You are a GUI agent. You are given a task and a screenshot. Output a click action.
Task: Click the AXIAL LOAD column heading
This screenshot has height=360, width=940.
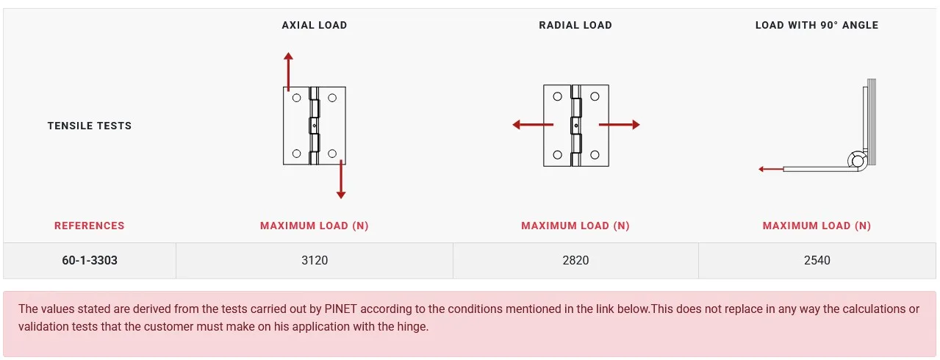point(315,25)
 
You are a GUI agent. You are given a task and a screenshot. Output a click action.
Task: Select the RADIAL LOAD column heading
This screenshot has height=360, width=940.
point(575,25)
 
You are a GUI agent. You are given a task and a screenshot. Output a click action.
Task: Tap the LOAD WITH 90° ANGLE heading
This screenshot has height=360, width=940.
point(817,25)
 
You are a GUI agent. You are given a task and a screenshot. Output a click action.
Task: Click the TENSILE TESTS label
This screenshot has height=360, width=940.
point(90,126)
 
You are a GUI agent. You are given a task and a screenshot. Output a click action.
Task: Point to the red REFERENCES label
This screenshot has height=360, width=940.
point(90,226)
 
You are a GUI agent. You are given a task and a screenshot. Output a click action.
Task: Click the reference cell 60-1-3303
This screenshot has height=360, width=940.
point(90,260)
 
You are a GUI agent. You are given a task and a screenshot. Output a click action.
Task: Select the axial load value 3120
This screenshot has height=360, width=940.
point(315,260)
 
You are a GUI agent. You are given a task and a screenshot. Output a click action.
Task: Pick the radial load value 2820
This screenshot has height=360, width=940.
point(575,260)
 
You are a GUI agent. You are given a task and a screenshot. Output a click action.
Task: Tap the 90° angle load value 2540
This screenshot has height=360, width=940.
point(817,260)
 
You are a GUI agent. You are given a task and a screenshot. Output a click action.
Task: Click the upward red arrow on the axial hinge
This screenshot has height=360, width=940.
point(288,71)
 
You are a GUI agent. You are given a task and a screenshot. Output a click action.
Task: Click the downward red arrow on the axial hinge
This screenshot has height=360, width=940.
point(341,179)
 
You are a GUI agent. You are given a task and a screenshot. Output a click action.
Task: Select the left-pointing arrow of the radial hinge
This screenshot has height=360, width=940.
point(533,125)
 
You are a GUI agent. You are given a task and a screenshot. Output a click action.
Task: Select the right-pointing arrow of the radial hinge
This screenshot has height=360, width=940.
point(620,125)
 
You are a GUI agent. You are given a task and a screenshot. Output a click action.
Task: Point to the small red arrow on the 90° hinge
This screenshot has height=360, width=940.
point(771,169)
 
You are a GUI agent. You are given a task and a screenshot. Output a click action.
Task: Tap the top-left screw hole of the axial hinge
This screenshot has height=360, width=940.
point(297,98)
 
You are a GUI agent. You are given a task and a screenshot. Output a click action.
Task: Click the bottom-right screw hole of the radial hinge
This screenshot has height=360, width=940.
point(595,155)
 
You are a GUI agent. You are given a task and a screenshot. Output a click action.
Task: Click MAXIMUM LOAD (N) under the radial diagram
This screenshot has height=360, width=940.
point(575,226)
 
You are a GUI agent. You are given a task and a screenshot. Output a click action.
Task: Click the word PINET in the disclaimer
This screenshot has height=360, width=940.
point(340,309)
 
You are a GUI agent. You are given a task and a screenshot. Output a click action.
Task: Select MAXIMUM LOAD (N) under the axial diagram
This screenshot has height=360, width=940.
point(315,226)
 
